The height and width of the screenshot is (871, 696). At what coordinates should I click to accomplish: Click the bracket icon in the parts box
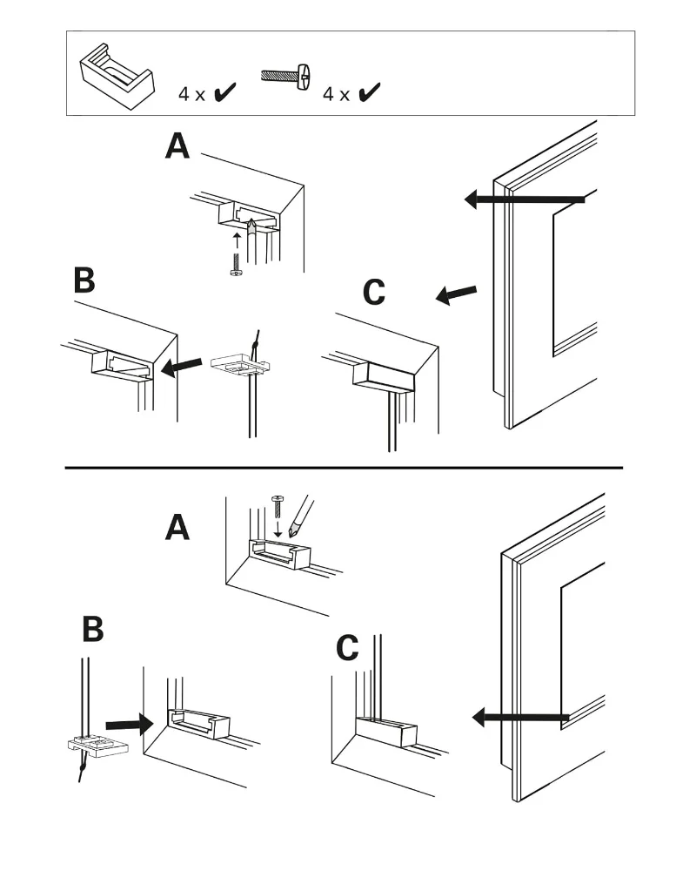pos(117,74)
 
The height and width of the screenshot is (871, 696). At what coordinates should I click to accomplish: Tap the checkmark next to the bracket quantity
pos(225,91)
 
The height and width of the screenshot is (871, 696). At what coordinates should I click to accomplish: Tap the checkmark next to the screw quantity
pos(369,91)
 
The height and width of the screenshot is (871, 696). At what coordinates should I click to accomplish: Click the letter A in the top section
pos(177,146)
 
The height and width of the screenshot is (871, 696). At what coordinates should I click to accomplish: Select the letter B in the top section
pos(84,280)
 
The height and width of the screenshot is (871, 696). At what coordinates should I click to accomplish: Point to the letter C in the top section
pos(374,294)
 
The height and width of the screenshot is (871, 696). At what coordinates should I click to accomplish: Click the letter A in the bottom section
pos(177,527)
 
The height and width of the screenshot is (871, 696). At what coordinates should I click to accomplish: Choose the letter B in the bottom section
pos(92,629)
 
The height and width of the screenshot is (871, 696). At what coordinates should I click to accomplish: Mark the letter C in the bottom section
pos(347,648)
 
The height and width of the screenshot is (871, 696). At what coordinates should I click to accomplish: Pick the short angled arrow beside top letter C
pos(456,295)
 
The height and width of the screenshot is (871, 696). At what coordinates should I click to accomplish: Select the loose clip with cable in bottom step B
pos(96,746)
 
